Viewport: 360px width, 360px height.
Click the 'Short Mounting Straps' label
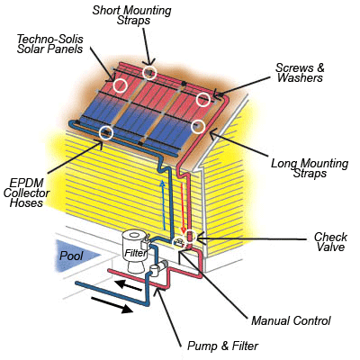131,15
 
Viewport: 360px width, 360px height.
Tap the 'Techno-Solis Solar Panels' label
49,44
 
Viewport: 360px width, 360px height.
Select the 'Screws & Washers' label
300,73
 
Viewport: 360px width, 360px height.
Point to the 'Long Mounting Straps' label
310,168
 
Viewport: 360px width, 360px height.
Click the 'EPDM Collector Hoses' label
26,193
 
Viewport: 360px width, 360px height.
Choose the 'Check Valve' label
330,242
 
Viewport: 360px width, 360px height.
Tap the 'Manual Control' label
291,320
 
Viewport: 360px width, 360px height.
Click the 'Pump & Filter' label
222,346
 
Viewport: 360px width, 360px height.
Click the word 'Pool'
71,256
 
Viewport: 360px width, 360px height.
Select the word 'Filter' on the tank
136,253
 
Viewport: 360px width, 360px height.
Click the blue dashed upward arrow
163,204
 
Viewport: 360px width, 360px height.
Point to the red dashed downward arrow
183,209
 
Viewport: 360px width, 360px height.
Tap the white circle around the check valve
190,237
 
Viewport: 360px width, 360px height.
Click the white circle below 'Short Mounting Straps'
149,72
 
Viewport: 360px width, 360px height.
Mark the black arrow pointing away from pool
112,305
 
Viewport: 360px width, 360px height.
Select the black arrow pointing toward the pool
129,285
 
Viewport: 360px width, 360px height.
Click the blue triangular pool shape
74,256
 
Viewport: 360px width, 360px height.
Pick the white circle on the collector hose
106,133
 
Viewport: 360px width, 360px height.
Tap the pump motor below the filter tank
160,267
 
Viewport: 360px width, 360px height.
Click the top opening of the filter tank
134,234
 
